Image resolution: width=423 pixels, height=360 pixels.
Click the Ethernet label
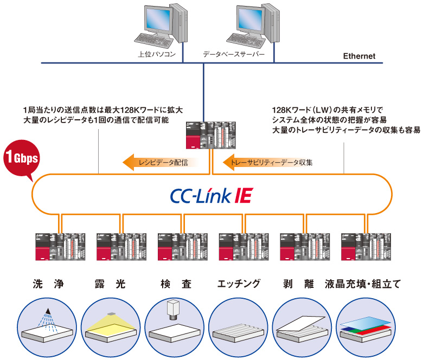pyautogui.click(x=359, y=56)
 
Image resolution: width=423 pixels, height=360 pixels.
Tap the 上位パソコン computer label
pyautogui.click(x=157, y=54)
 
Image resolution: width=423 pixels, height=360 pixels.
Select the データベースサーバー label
pyautogui.click(x=234, y=54)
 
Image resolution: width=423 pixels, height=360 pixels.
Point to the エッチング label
pyautogui.click(x=239, y=284)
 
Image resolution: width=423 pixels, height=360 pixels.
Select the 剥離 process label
pyautogui.click(x=298, y=284)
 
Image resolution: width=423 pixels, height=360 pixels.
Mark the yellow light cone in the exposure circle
pyautogui.click(x=111, y=324)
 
